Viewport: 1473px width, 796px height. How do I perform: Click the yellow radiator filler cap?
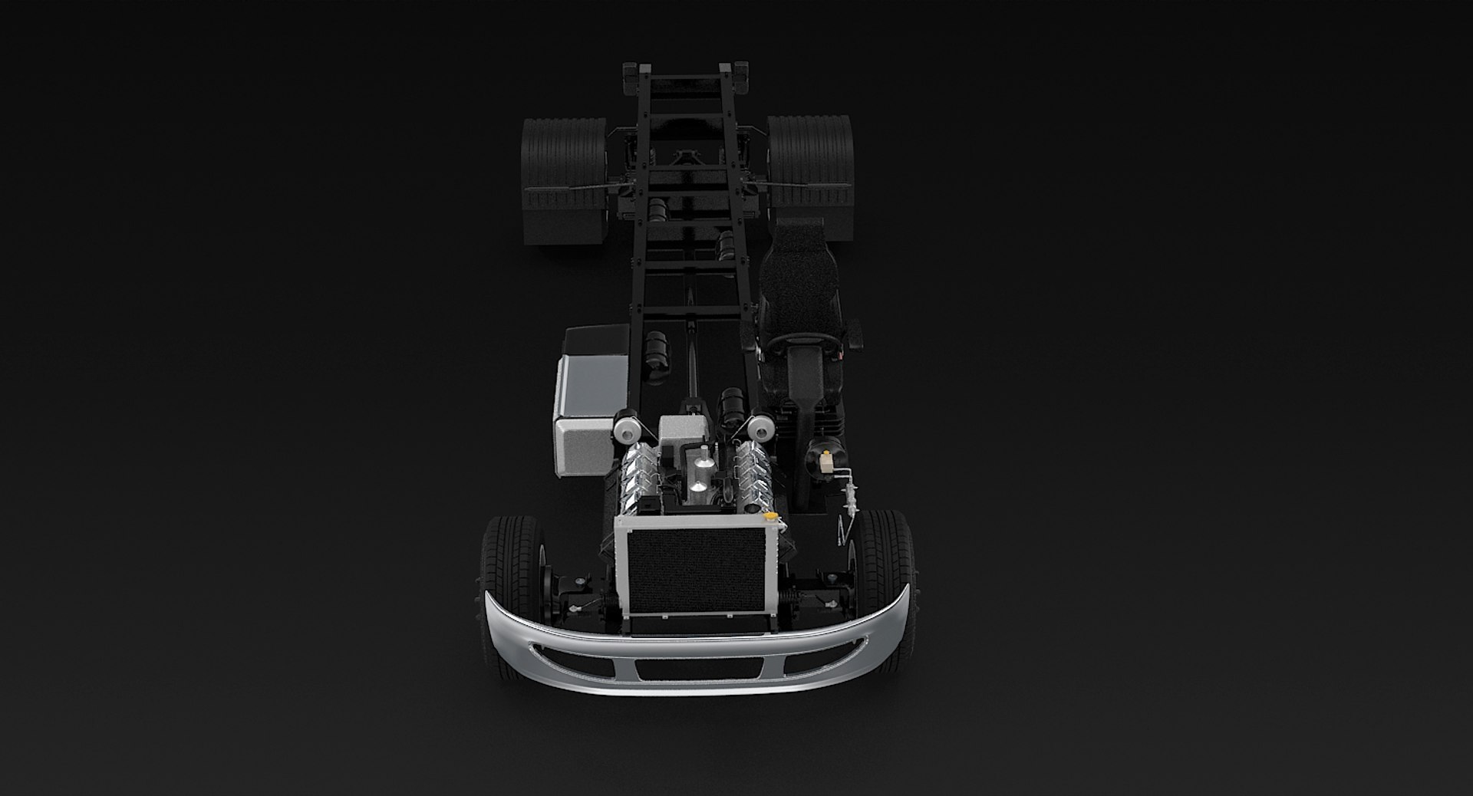[x=775, y=515]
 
